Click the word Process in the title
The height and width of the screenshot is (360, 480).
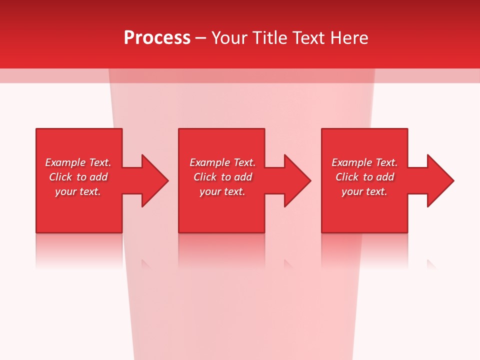click(x=157, y=38)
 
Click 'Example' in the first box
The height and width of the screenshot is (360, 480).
click(x=65, y=162)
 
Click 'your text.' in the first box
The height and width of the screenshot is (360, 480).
click(x=78, y=191)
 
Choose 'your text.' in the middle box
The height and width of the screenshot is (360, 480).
click(x=222, y=191)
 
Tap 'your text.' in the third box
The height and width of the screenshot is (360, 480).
click(x=364, y=191)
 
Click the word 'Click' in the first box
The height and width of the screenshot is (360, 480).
click(x=60, y=177)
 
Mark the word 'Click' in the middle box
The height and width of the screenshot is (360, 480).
click(x=205, y=177)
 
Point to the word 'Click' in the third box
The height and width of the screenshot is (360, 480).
click(x=347, y=177)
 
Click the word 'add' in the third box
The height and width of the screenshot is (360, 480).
click(x=385, y=177)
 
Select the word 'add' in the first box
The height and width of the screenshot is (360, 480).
click(x=98, y=177)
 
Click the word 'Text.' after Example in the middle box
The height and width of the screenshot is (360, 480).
click(x=244, y=162)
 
